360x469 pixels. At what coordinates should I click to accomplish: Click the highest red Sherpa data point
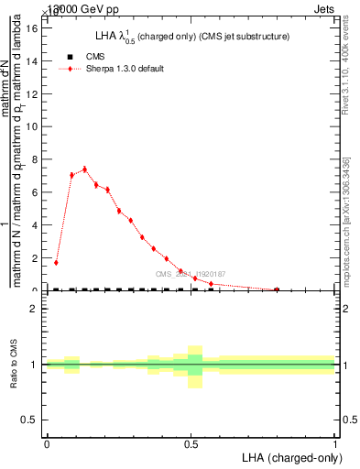click(84, 169)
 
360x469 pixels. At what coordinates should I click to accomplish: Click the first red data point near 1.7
click(56, 262)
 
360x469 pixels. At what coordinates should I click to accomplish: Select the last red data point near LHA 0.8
click(278, 289)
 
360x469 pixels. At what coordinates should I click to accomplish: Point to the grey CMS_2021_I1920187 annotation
click(190, 274)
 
